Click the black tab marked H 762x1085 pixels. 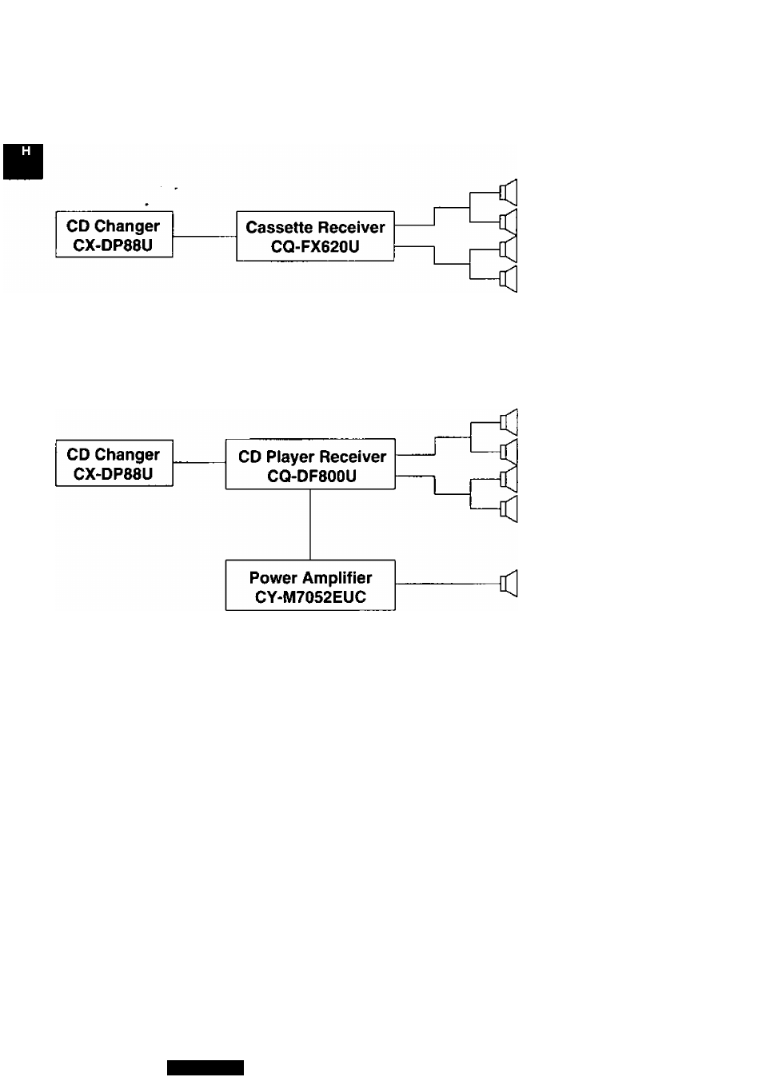tap(22, 162)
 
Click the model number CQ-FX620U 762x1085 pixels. tap(315, 246)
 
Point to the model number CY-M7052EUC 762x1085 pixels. tap(310, 597)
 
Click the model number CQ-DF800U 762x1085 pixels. tap(312, 477)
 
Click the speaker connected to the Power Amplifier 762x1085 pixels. tap(509, 583)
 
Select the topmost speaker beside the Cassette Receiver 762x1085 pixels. tap(509, 193)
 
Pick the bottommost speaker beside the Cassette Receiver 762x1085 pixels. tap(509, 278)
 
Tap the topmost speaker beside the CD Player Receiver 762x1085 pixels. tap(509, 422)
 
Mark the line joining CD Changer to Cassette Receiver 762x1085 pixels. tap(205, 237)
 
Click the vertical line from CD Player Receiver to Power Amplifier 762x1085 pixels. tap(310, 525)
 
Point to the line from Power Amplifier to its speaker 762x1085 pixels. tap(448, 584)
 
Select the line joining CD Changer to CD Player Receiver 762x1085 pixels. tap(199, 463)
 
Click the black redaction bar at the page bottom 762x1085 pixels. tap(205, 1067)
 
